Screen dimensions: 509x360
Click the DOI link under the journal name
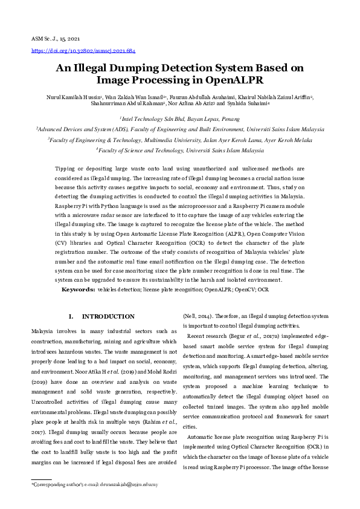pos(83,51)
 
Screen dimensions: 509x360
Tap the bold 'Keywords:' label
pos(78,290)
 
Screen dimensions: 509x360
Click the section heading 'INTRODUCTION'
pos(108,316)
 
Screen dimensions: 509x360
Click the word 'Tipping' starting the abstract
pos(66,169)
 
